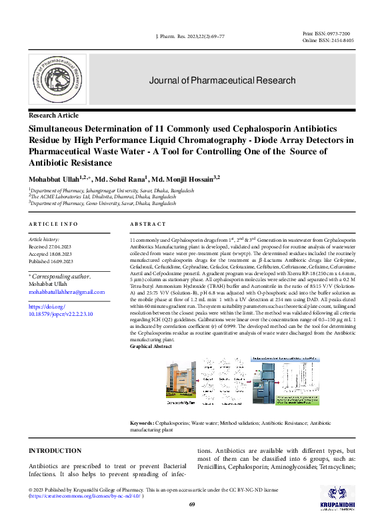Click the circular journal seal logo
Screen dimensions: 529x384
point(57,81)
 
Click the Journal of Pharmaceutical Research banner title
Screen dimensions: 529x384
point(222,81)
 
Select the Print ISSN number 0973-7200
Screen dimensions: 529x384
point(339,33)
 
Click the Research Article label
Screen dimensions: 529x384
point(53,116)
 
